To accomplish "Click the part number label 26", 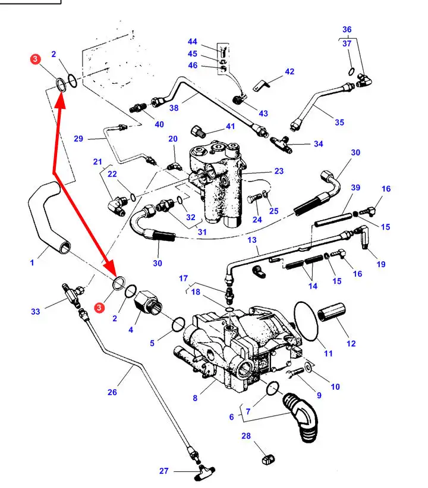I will pos(112,392).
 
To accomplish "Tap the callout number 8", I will pos(194,398).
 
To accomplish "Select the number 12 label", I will pos(351,343).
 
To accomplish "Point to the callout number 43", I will pos(262,113).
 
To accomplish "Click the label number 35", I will pos(339,123).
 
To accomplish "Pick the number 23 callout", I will pos(279,171).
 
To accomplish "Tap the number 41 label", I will pos(230,127).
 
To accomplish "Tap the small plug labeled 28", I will pos(266,459).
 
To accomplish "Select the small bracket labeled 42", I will pos(259,85).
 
